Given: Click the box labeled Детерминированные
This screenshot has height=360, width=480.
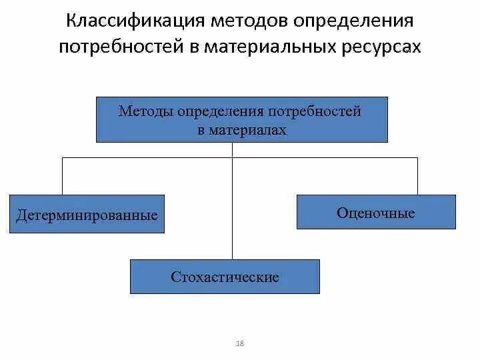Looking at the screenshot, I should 87,214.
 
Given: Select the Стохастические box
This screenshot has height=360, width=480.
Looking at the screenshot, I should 225,277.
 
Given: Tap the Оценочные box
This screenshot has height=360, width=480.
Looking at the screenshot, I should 376,212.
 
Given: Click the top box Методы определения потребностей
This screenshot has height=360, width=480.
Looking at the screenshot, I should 241,120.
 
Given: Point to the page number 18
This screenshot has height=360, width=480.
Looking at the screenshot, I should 240,343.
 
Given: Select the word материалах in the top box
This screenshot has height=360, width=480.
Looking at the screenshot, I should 247,130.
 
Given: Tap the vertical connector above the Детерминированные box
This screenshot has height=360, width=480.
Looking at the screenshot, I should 63,176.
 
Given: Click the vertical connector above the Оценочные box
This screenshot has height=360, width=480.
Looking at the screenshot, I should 417,176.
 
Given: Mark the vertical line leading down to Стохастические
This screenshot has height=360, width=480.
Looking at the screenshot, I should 232,213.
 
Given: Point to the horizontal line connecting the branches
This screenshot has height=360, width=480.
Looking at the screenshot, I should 147,158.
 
